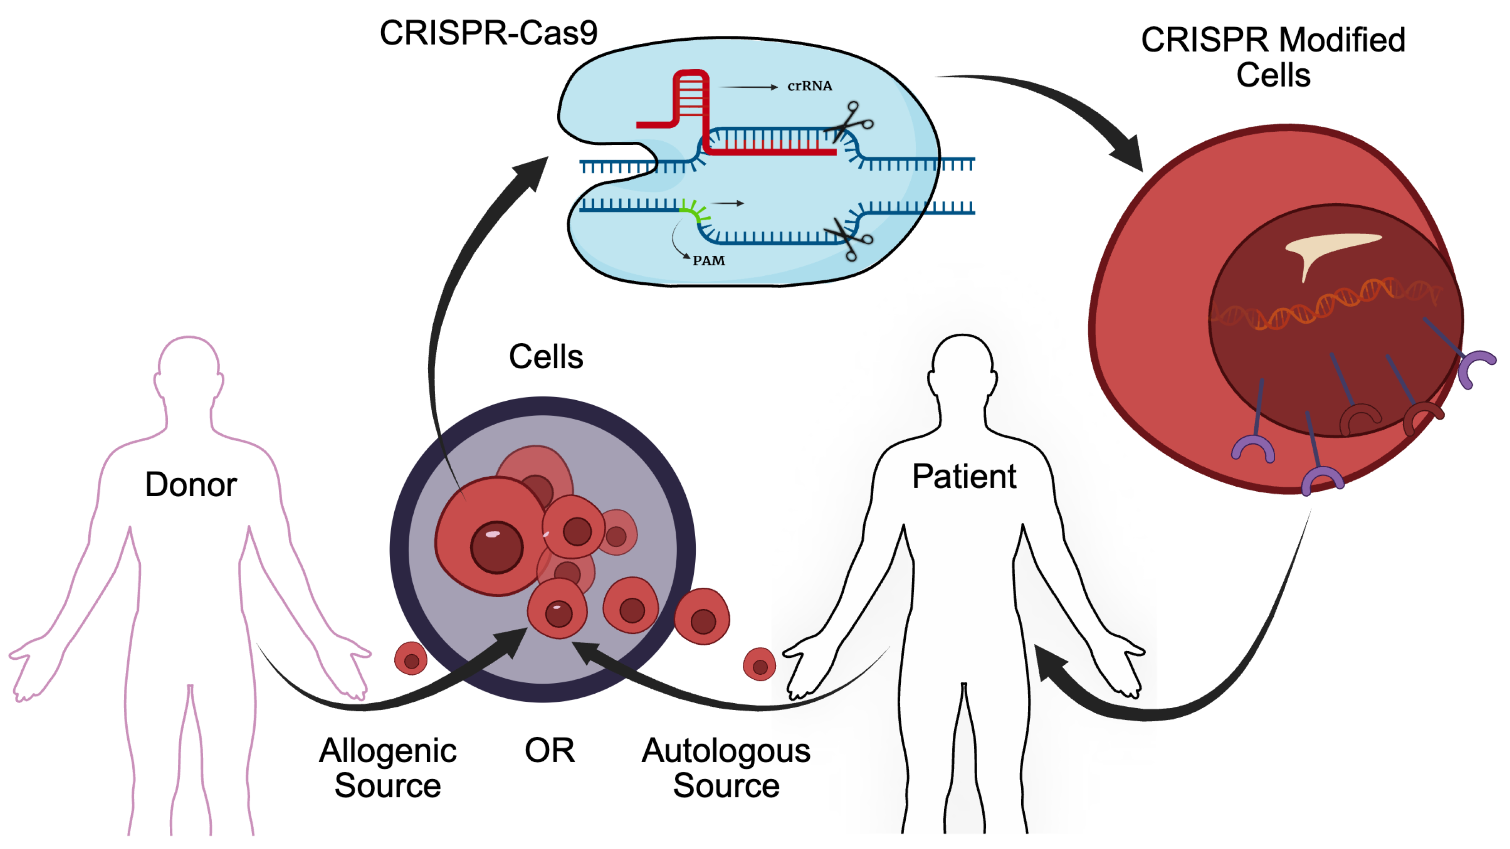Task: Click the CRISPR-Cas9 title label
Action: click(x=488, y=33)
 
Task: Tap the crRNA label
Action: click(x=809, y=86)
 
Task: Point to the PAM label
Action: click(x=709, y=261)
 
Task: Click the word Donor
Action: click(x=191, y=485)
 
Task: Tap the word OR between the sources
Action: click(x=549, y=750)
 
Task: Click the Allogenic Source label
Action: click(x=387, y=768)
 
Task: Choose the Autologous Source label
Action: click(x=726, y=768)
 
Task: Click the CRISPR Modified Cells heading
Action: click(x=1273, y=57)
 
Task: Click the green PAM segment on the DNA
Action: click(x=695, y=211)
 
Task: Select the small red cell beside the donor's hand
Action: click(x=411, y=658)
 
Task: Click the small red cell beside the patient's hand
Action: click(x=759, y=664)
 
